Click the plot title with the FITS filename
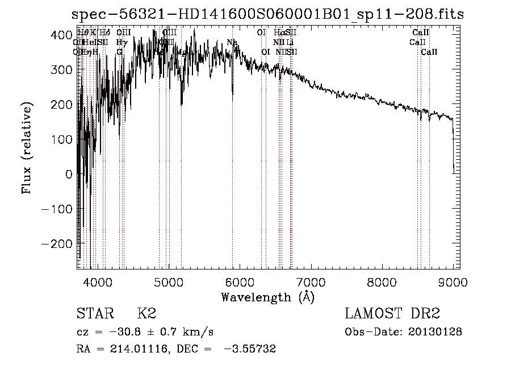click(x=265, y=14)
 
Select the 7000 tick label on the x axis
click(x=311, y=282)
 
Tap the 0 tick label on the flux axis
click(x=69, y=174)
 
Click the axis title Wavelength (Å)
click(x=267, y=297)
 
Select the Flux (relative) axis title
click(x=27, y=148)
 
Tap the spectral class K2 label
click(x=146, y=314)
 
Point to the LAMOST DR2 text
click(x=392, y=314)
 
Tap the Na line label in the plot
click(x=232, y=43)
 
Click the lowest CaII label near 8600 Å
click(x=429, y=52)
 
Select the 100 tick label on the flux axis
click(x=61, y=139)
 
